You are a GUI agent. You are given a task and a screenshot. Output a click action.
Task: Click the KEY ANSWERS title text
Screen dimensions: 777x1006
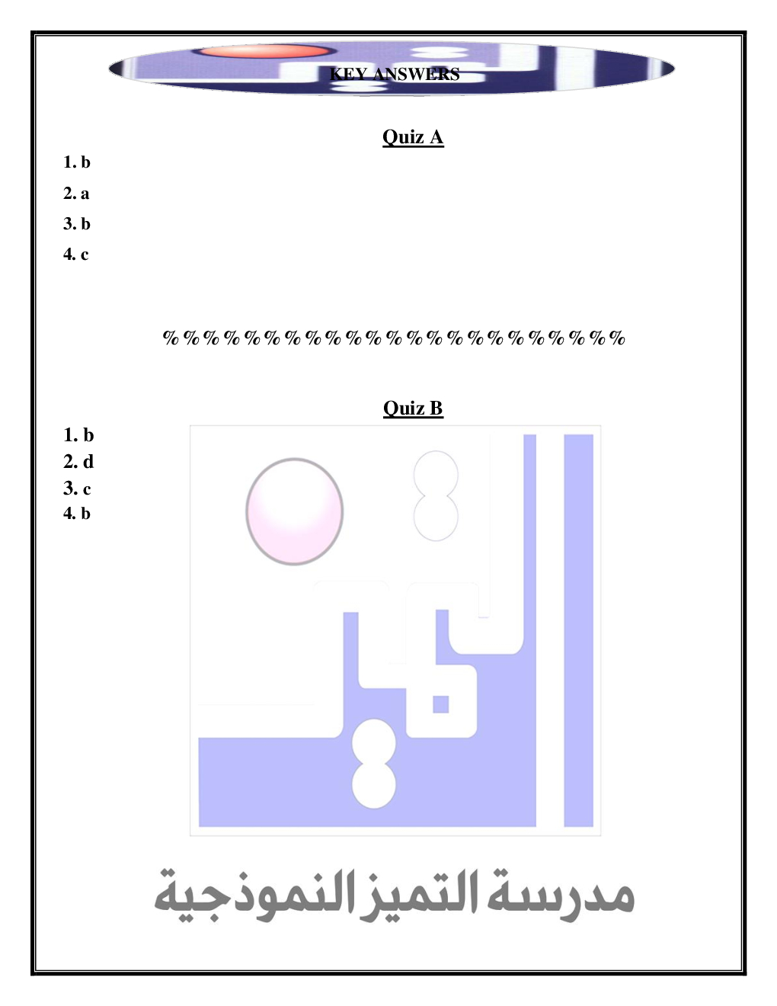pos(395,74)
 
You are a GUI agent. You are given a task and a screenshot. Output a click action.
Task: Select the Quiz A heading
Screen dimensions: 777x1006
pos(413,137)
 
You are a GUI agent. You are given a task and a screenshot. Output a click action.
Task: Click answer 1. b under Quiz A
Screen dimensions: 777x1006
pos(77,162)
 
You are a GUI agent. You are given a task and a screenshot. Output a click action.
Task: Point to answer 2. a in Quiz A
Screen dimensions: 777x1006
pos(76,193)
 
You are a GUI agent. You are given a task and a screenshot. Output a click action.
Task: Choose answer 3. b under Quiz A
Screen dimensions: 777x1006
pos(77,223)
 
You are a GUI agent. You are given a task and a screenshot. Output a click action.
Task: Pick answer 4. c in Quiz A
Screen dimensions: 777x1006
pos(76,254)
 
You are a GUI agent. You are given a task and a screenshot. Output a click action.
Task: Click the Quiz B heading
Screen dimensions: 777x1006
pos(413,408)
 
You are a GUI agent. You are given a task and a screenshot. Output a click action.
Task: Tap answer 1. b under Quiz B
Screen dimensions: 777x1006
pos(78,435)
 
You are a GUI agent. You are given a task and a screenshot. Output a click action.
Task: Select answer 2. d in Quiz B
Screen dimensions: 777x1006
pos(78,462)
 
